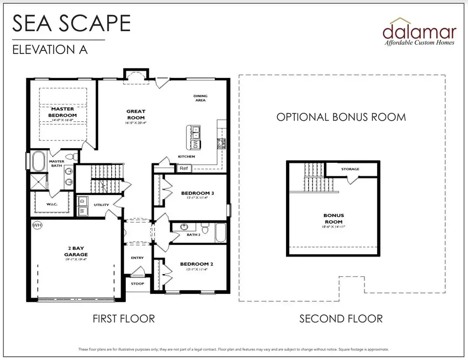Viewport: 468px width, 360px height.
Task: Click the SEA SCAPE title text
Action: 71,23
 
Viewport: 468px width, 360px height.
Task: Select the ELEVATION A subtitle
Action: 49,50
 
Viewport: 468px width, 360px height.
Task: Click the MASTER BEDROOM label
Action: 62,112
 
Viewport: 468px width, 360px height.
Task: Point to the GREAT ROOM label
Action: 136,114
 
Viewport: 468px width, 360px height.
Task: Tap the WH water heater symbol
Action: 37,225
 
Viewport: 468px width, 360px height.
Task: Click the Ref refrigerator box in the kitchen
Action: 183,168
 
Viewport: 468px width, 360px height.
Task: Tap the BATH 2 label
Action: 193,235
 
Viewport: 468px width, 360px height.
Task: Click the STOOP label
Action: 138,284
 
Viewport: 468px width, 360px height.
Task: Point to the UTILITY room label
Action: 101,205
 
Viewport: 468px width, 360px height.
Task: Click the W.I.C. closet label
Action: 51,204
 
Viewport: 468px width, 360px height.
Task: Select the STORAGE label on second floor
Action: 350,169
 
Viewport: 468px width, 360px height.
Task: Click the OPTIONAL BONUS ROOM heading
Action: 341,117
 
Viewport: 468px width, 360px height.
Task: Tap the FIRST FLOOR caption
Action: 124,318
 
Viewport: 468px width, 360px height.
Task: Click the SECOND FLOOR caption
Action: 341,318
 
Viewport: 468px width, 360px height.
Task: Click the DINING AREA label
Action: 200,98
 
